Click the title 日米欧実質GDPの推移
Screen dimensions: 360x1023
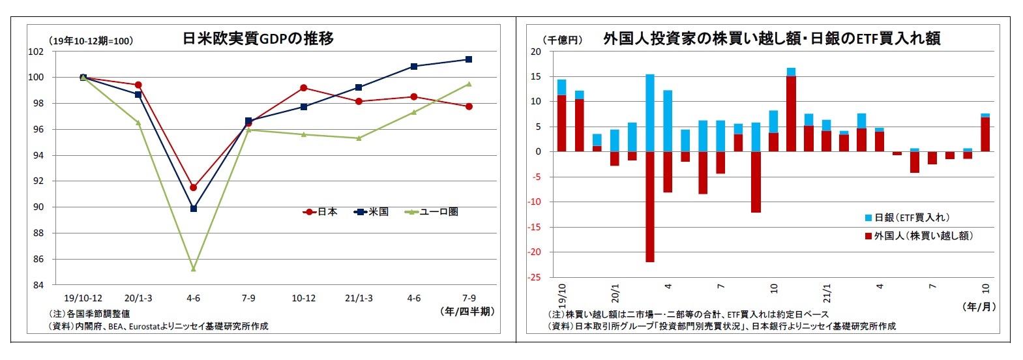[x=258, y=38]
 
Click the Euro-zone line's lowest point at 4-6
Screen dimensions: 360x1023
[x=193, y=269]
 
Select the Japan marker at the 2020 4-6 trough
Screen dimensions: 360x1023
[x=193, y=187]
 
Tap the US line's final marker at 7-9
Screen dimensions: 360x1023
[x=469, y=59]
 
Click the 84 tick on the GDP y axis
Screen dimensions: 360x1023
[x=38, y=285]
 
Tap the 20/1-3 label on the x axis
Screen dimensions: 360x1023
[x=138, y=299]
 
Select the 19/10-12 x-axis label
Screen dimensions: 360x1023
[x=83, y=299]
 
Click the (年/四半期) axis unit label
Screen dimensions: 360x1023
[x=467, y=312]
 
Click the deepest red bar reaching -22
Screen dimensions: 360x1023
[x=650, y=207]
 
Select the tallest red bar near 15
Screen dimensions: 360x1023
[x=791, y=113]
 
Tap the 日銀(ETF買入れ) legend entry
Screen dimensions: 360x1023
[x=907, y=218]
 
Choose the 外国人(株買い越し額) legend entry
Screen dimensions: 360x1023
[x=919, y=236]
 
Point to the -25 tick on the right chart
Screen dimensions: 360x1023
[x=534, y=277]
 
